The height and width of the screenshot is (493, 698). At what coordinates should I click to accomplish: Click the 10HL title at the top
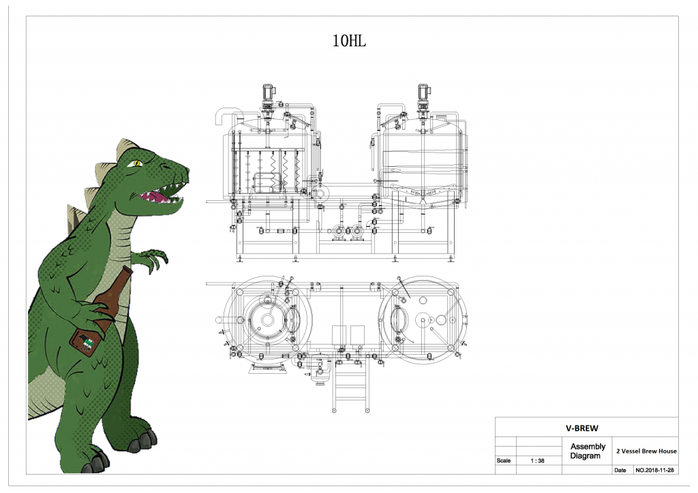[349, 41]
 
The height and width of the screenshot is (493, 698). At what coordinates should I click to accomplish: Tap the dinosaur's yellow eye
[136, 163]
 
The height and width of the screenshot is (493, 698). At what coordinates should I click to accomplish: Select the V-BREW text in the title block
[582, 428]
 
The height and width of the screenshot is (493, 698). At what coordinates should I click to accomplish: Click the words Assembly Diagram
[588, 451]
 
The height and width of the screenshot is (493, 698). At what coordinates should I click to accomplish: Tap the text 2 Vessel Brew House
[646, 451]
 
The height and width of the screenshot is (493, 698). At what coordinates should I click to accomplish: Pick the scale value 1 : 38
[537, 460]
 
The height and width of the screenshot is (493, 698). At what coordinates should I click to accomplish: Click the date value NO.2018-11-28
[654, 470]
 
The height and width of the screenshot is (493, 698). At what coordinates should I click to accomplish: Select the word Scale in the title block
[504, 460]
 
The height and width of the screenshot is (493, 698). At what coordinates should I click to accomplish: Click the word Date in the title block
[620, 470]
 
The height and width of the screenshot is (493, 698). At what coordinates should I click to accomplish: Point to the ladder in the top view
[351, 385]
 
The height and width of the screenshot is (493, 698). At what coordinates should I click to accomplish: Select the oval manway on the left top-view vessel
[292, 319]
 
